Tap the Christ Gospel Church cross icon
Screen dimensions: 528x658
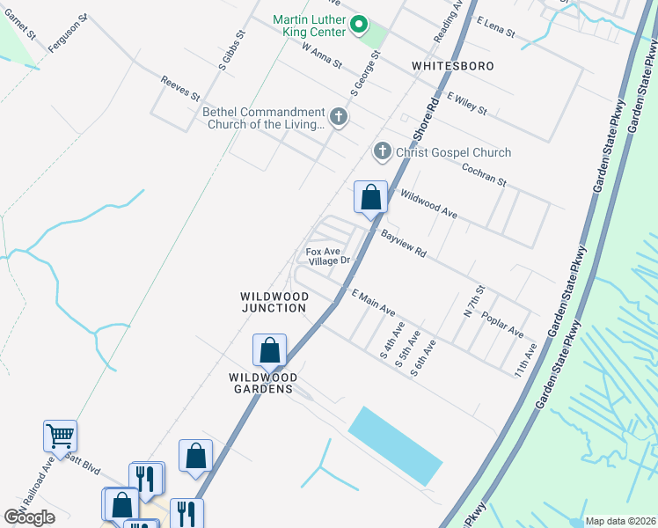tap(382, 152)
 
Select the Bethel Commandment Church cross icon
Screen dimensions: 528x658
tap(337, 116)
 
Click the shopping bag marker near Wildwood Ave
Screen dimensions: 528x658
tap(370, 197)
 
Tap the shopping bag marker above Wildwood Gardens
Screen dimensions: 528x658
tap(269, 350)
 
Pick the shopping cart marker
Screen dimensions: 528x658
tap(60, 436)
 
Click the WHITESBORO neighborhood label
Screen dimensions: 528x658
tap(452, 66)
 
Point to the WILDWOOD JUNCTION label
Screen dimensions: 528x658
tap(274, 302)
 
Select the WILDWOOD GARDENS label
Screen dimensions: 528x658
tap(263, 383)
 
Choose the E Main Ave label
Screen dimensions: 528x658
tap(373, 303)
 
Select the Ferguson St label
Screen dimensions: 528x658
tap(69, 33)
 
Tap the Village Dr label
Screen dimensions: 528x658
tap(333, 260)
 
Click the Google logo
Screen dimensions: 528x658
tap(30, 517)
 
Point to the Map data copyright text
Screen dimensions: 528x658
tap(620, 521)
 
